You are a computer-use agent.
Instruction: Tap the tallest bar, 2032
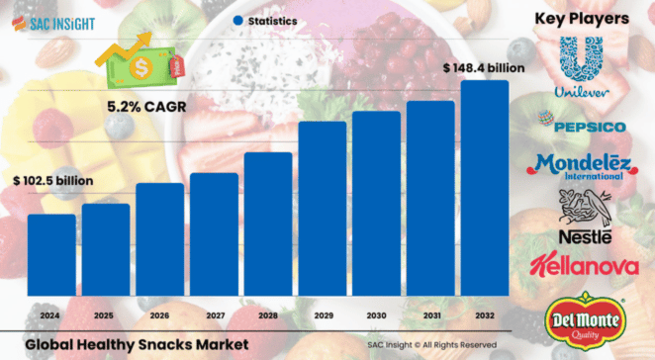485,188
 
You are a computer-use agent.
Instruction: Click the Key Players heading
582,18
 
